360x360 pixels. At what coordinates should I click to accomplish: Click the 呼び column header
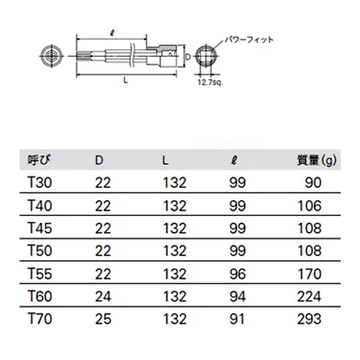(x=40, y=160)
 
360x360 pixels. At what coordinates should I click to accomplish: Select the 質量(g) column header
(x=317, y=161)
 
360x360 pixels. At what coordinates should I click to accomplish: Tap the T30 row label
(x=40, y=183)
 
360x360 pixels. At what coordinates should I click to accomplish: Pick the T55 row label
(x=40, y=274)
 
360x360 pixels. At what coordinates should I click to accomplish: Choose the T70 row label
(x=40, y=319)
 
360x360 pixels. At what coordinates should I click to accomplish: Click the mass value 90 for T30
(x=313, y=183)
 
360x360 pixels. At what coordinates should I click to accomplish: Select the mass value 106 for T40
(x=310, y=206)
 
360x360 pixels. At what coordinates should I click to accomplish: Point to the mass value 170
(x=310, y=274)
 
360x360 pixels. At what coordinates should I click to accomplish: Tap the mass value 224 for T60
(x=310, y=297)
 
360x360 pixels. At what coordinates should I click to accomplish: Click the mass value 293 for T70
(x=310, y=319)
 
